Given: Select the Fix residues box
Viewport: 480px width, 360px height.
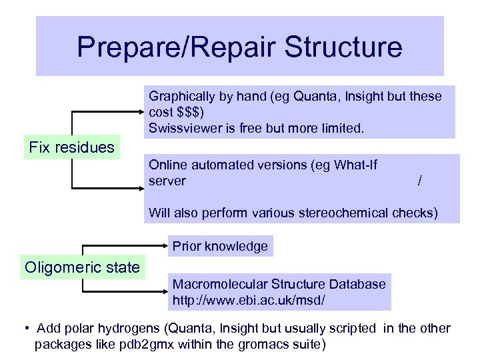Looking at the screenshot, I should click(x=72, y=147).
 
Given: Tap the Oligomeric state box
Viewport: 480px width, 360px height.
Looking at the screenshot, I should click(x=82, y=268).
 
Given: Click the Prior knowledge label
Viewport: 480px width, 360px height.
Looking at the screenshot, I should click(x=220, y=246).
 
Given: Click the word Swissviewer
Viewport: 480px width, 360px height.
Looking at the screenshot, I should click(x=182, y=128).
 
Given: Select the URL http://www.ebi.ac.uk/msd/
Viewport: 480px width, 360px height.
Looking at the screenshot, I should click(x=249, y=301).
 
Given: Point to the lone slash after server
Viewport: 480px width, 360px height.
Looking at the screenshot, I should click(x=419, y=181).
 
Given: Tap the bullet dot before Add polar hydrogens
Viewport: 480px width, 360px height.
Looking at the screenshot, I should click(x=25, y=328).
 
